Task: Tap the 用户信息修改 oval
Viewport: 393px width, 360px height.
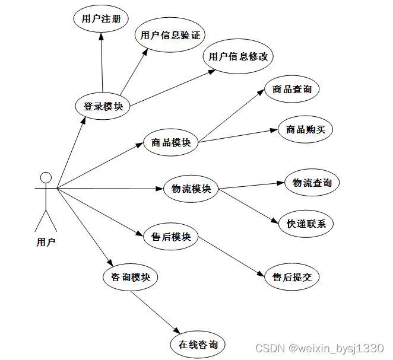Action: click(238, 57)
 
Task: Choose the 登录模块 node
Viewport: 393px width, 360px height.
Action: click(103, 107)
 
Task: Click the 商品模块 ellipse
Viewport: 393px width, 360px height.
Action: click(171, 143)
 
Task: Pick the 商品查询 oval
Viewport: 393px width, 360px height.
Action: click(291, 90)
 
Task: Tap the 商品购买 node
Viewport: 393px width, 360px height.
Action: click(305, 129)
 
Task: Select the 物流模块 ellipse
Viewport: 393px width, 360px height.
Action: click(191, 189)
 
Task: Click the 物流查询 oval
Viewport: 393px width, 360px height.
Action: click(312, 183)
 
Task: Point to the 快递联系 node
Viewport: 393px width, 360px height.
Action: click(306, 224)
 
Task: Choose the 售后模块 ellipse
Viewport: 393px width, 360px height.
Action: click(171, 237)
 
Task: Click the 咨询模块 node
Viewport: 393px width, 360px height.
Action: click(131, 278)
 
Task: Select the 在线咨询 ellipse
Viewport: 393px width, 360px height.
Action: click(198, 345)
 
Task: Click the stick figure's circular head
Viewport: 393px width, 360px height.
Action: click(46, 177)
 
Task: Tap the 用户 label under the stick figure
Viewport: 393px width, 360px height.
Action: click(46, 242)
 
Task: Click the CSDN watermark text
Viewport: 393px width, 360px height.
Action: click(319, 348)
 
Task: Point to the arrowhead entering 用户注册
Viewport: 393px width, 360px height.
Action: click(101, 36)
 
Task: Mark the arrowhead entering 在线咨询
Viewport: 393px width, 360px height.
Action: click(175, 333)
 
